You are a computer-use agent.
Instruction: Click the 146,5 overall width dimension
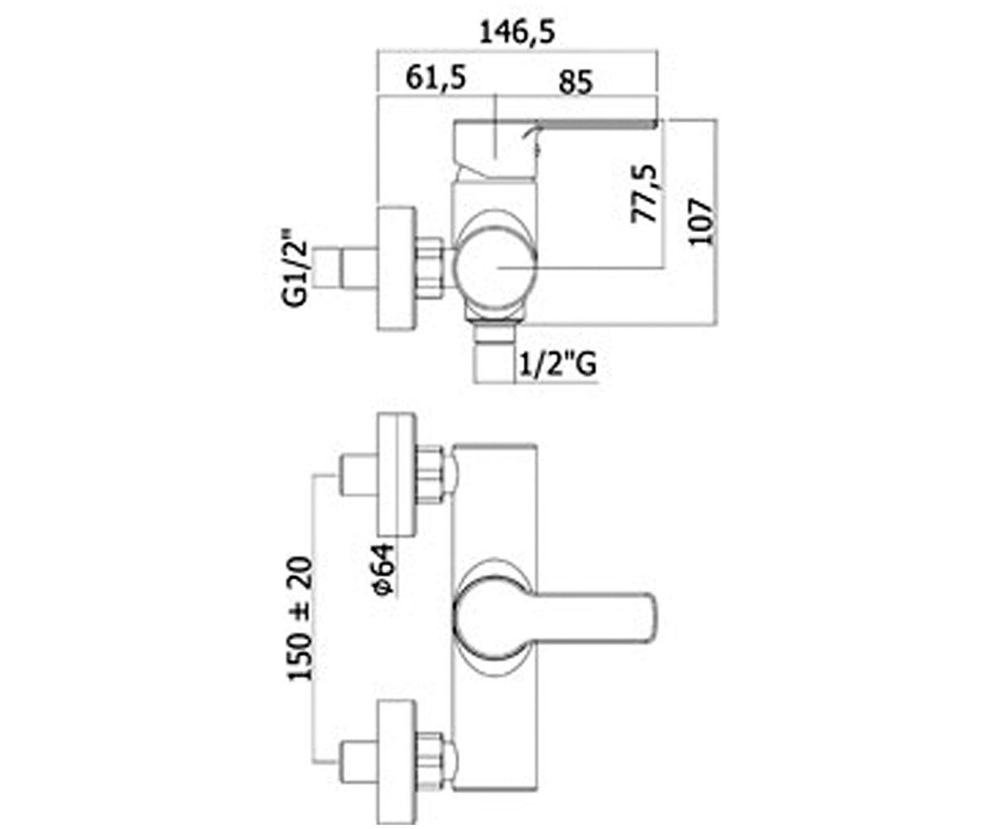(517, 33)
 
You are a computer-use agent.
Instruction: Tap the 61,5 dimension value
(436, 79)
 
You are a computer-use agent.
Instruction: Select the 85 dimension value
(576, 82)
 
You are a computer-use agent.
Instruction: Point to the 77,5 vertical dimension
(644, 193)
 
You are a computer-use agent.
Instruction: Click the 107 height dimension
(702, 222)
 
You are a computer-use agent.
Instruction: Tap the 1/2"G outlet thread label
(557, 365)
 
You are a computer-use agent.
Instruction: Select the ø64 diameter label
(384, 570)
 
